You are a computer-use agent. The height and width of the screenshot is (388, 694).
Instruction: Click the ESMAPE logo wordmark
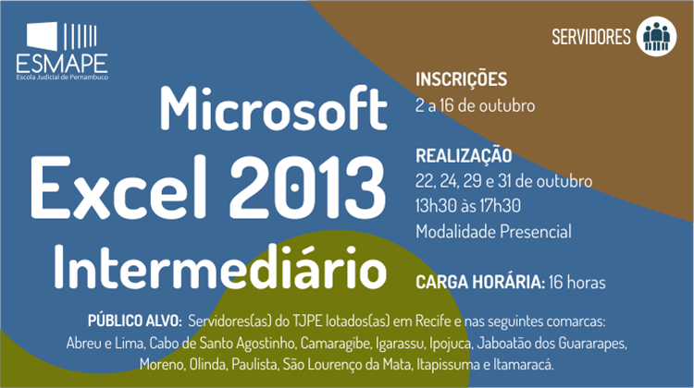62,64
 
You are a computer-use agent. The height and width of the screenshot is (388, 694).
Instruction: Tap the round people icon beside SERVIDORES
656,36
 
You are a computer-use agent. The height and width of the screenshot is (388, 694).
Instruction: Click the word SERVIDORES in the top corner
591,37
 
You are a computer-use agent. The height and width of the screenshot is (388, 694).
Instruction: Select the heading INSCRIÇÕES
461,80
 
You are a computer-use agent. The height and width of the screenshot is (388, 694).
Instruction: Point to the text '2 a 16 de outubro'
475,105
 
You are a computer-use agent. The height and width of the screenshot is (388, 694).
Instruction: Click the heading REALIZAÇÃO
464,155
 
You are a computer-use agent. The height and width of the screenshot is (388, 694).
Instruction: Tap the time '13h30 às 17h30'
468,206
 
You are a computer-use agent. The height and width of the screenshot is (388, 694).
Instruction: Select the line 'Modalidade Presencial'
493,232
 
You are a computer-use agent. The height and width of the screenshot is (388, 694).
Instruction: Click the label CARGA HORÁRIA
480,283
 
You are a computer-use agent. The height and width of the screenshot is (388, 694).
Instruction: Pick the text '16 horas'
577,283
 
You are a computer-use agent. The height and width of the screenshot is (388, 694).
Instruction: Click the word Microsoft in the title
274,109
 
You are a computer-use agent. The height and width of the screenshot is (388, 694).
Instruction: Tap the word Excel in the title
118,188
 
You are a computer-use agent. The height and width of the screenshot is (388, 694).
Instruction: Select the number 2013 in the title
306,188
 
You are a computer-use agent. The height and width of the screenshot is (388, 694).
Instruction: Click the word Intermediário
220,266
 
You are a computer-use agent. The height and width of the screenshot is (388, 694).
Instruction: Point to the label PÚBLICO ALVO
134,321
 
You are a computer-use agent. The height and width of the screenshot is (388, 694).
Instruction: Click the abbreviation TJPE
307,321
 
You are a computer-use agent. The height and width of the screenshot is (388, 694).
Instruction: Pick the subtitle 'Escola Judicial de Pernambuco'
62,78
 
